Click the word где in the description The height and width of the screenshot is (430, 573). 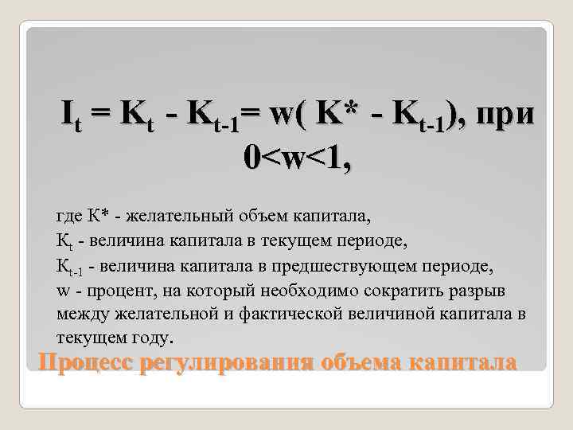tap(68, 216)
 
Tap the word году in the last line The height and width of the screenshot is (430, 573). tap(148, 338)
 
